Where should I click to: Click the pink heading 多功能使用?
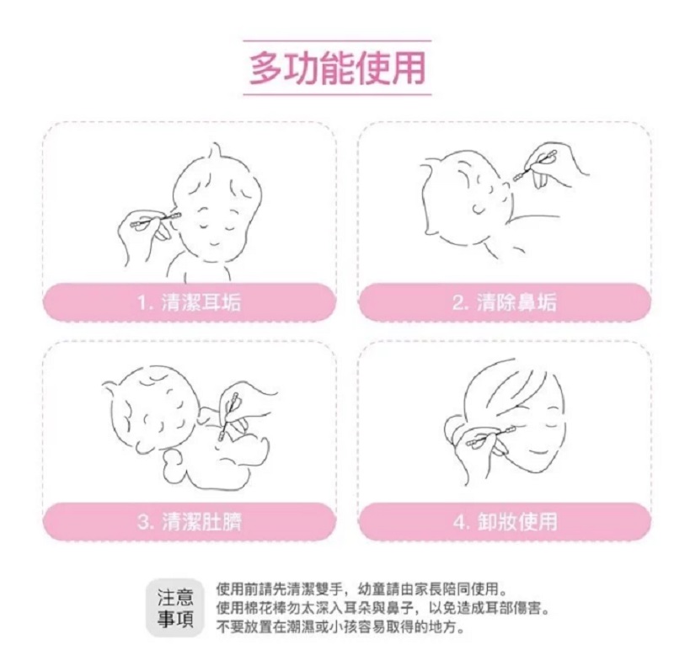pyautogui.click(x=338, y=68)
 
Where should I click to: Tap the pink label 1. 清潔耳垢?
pyautogui.click(x=189, y=301)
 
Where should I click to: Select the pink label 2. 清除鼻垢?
pyautogui.click(x=505, y=301)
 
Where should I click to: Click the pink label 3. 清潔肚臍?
pyautogui.click(x=189, y=521)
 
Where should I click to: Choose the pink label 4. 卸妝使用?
pyautogui.click(x=505, y=521)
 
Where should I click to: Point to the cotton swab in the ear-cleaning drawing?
pyautogui.click(x=155, y=220)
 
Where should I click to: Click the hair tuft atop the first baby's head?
pyautogui.click(x=215, y=152)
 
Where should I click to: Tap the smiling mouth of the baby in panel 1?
pyautogui.click(x=216, y=246)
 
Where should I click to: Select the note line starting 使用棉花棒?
pyautogui.click(x=382, y=609)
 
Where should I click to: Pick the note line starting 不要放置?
pyautogui.click(x=341, y=627)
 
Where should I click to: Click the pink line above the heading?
pyautogui.click(x=338, y=40)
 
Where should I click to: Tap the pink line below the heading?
pyautogui.click(x=338, y=94)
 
